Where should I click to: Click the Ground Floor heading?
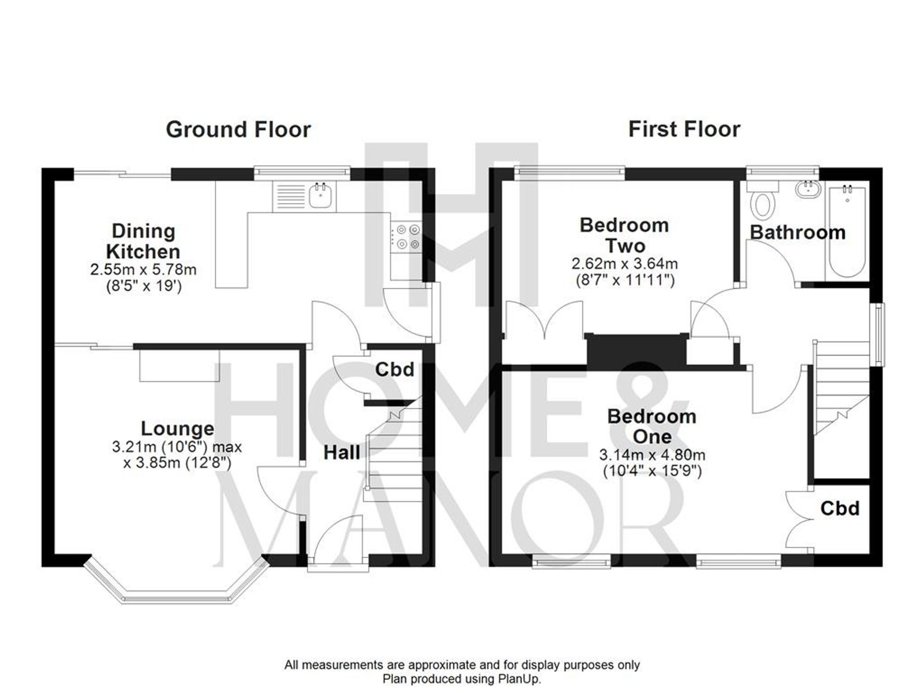coord(238,130)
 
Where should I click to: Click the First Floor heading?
coord(684,129)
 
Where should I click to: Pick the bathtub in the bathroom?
coord(847,231)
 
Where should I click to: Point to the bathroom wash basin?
coord(808,190)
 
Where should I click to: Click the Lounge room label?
coord(177,429)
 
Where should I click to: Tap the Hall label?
coord(341,453)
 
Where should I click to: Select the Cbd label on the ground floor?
coord(394,370)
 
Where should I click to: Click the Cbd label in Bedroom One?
coord(839,509)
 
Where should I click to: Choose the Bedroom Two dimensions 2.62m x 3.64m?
coord(624,264)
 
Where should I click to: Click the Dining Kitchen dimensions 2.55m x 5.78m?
coord(143,270)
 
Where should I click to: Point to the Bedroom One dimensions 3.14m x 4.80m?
coord(652,456)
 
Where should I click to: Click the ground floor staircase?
coord(395,457)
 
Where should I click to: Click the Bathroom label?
coord(797,232)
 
